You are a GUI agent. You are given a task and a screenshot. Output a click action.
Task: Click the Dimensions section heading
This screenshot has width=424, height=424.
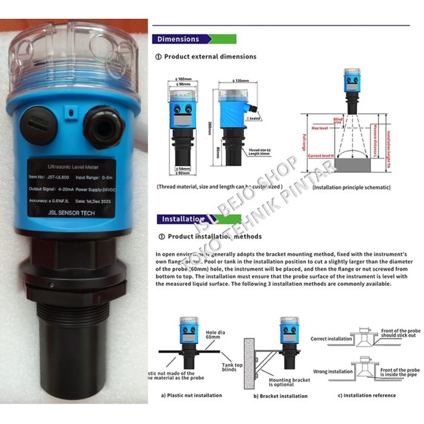[178, 39]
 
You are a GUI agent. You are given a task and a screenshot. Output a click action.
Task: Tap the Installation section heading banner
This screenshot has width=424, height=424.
[180, 219]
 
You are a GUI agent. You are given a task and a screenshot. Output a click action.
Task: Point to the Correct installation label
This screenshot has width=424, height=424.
[331, 339]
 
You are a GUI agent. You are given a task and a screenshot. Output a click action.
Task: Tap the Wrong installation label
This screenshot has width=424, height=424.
[332, 371]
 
